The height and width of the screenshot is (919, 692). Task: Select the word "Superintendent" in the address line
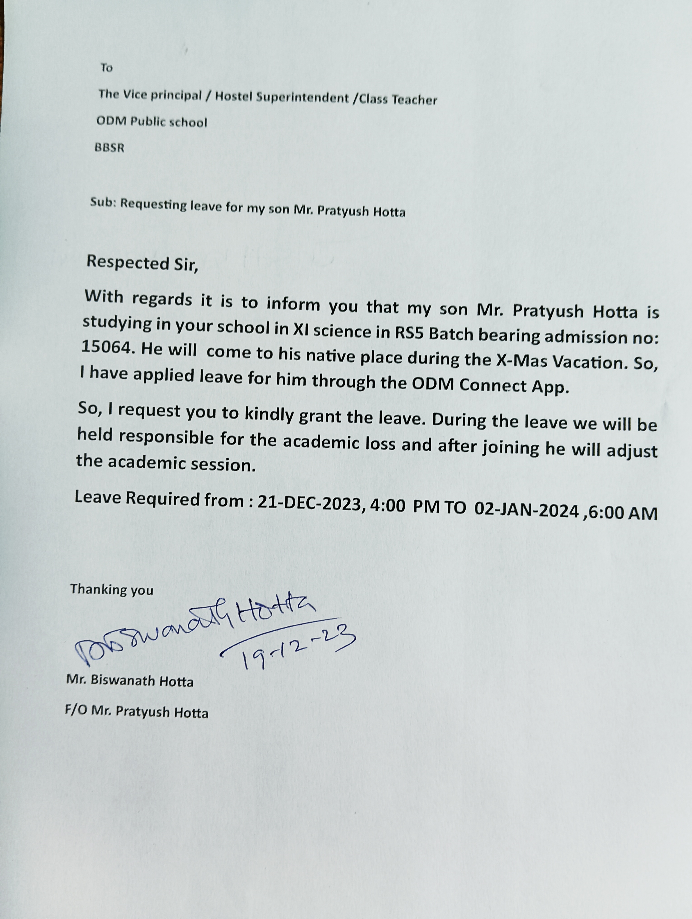coord(302,97)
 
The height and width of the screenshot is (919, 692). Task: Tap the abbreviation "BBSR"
coord(109,148)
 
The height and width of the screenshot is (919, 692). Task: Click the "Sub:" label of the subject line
coord(103,203)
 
